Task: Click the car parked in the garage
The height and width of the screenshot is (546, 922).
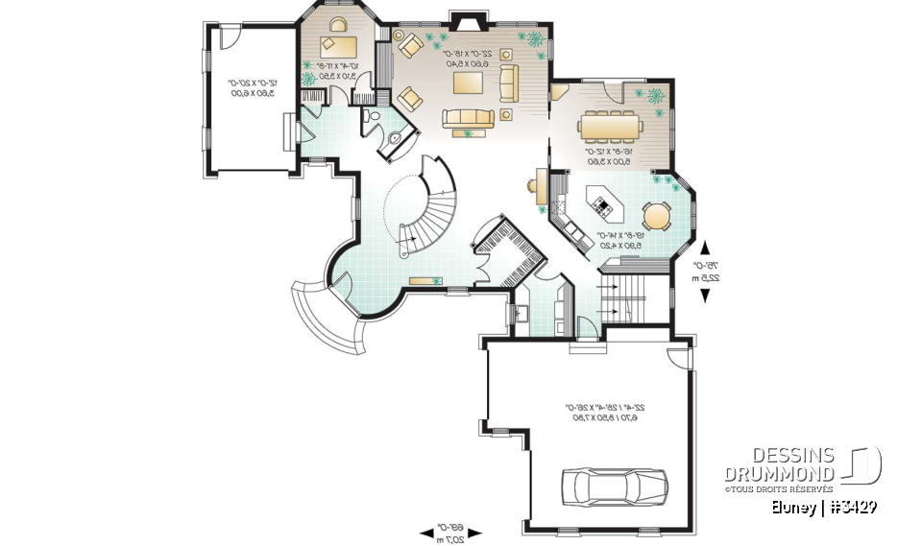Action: tap(613, 486)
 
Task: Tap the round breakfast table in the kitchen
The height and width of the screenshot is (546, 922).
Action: tap(656, 216)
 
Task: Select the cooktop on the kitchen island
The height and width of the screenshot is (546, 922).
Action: tap(602, 202)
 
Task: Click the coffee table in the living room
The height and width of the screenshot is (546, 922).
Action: tap(470, 83)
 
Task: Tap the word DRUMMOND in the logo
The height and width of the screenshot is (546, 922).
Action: tap(780, 473)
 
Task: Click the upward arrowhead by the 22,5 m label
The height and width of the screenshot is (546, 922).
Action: tap(707, 246)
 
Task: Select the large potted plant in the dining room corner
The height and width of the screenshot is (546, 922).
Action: tap(657, 96)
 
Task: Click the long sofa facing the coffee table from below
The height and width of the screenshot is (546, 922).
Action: tap(467, 117)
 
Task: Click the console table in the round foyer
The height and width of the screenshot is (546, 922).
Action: tap(423, 280)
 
